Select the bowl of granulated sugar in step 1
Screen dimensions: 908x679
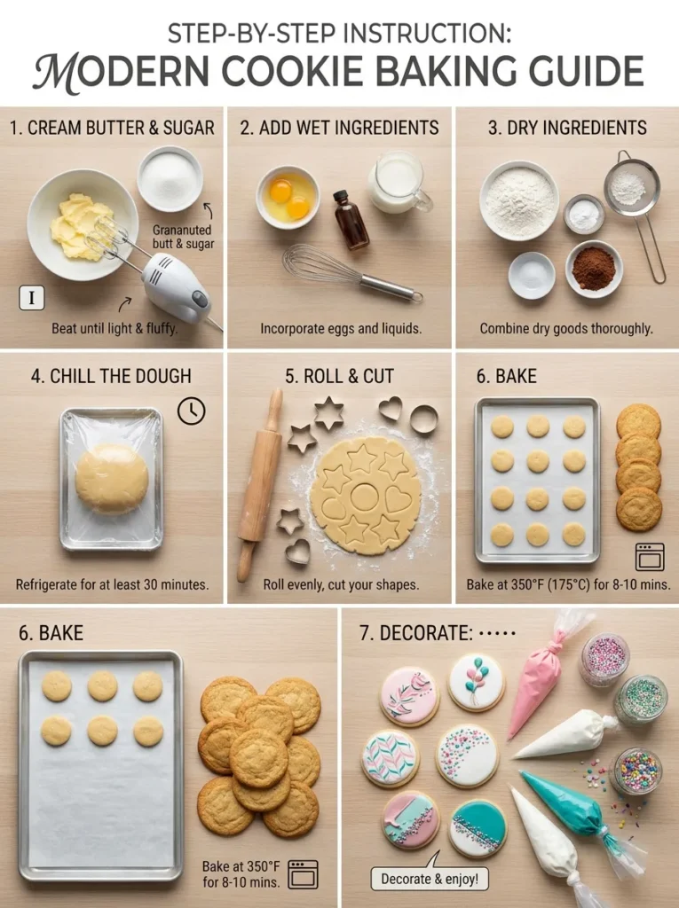pos(170,178)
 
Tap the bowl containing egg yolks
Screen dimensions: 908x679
pos(288,196)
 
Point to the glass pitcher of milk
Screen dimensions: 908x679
pos(397,183)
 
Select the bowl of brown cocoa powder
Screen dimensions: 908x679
pos(594,268)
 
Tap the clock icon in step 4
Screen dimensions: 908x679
pos(191,410)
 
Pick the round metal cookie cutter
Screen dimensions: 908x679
pos(423,419)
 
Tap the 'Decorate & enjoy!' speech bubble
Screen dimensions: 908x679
pos(430,879)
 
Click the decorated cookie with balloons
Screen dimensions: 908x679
pos(476,681)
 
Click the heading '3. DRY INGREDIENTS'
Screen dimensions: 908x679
pos(566,128)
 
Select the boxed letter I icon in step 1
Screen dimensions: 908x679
pos(31,298)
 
